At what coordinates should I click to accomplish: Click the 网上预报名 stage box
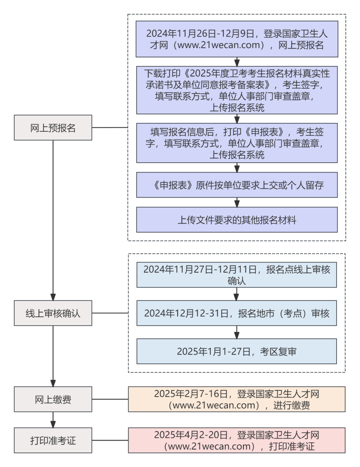[53, 128]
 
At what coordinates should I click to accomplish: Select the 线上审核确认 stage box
[53, 313]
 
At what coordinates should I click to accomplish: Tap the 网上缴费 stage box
[53, 399]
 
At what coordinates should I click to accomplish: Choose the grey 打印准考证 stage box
[53, 440]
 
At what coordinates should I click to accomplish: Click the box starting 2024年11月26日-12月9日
[237, 39]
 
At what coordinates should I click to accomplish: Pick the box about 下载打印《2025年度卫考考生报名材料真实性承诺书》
[237, 90]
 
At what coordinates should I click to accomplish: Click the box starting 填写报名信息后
[237, 143]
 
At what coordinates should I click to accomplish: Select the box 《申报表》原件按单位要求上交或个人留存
[237, 185]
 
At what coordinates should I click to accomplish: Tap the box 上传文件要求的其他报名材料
[237, 220]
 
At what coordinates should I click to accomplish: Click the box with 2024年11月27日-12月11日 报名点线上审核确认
[237, 275]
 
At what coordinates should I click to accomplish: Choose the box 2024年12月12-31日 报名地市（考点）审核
[237, 313]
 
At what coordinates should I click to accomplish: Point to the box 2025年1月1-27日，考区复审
[237, 351]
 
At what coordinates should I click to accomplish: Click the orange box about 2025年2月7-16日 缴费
[237, 399]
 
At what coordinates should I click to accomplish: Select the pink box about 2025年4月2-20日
[237, 440]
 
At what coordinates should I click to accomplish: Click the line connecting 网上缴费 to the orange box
[110, 399]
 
